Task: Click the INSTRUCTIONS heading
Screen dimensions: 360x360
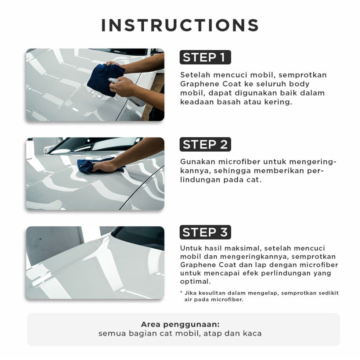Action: pyautogui.click(x=180, y=25)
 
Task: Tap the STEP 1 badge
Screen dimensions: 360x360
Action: pyautogui.click(x=205, y=57)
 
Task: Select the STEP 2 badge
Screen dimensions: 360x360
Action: pyautogui.click(x=205, y=144)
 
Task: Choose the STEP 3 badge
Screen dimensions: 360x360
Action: pyautogui.click(x=205, y=232)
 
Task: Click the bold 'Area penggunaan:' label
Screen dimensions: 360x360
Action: pyautogui.click(x=180, y=324)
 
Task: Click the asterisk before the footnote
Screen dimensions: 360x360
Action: pyautogui.click(x=181, y=292)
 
